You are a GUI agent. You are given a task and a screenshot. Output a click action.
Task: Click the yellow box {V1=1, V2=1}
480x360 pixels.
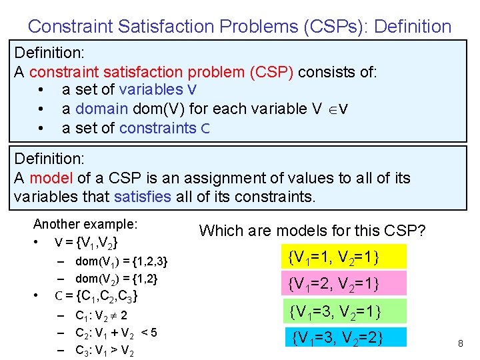click(346, 256)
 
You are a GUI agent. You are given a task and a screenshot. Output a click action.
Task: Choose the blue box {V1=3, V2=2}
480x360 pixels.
click(346, 337)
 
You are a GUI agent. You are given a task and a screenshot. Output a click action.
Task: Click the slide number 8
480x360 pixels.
click(460, 343)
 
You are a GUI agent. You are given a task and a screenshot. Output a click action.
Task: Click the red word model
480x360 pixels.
click(47, 179)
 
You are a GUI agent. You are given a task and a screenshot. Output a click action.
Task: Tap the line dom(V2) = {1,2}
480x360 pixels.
click(116, 279)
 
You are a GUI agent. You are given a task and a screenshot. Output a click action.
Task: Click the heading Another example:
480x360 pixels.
click(85, 224)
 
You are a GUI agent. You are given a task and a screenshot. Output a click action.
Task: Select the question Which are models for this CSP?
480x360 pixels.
click(312, 231)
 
